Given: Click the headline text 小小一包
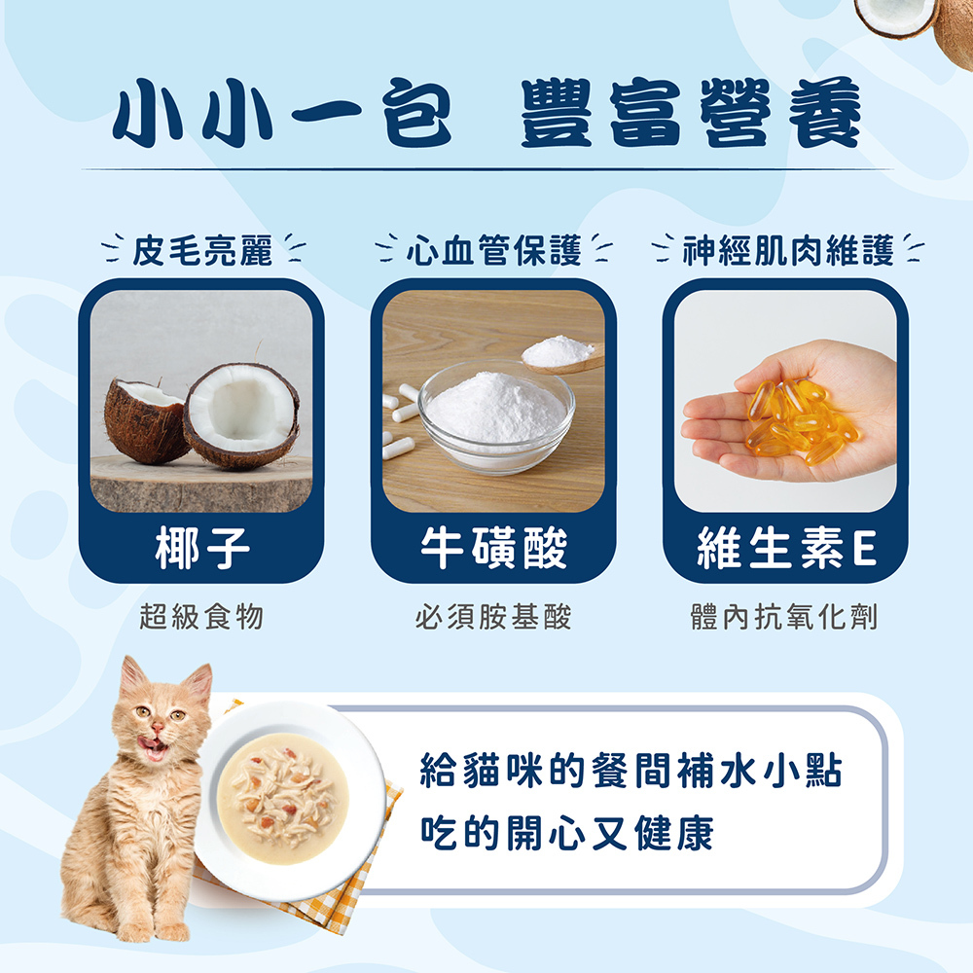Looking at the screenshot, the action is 282,113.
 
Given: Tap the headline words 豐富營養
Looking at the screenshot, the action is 691,113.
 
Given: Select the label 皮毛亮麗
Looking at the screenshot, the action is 203,251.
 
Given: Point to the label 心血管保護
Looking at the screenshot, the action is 494,251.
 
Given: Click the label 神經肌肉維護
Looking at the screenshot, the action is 788,251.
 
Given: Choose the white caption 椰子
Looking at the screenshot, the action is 201,548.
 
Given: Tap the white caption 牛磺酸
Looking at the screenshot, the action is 494,548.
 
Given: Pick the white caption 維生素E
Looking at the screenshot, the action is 786,548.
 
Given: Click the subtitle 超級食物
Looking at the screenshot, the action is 201,616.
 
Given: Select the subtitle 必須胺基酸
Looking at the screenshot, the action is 493,616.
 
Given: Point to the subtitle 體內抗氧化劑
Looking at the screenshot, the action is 784,616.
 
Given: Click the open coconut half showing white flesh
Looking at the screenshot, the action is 242,414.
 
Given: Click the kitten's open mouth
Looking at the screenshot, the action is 153,747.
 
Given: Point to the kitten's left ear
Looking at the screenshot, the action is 133,677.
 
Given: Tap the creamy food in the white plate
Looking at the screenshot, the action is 283,798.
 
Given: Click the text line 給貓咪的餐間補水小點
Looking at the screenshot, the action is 631,770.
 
